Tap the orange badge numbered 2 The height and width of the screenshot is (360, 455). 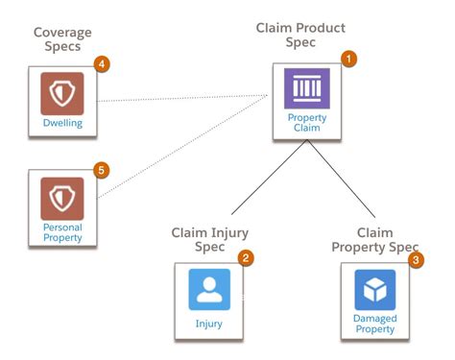pos(246,257)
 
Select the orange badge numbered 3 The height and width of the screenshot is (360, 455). pos(415,259)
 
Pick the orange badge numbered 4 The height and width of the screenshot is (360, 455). pos(101,64)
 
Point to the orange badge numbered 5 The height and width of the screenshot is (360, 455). pos(101,170)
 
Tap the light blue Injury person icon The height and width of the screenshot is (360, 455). pos(208,289)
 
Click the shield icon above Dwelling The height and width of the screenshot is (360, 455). pos(61,94)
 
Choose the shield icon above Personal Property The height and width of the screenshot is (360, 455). pos(61,199)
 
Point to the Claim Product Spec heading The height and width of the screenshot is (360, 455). pos(300,36)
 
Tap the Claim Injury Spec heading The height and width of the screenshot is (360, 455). pos(210,239)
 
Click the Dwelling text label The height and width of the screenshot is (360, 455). pos(61,124)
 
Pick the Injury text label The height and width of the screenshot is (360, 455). pos(208,324)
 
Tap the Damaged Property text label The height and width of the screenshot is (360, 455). pos(374,324)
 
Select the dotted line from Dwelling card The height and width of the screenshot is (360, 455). pos(182,98)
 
